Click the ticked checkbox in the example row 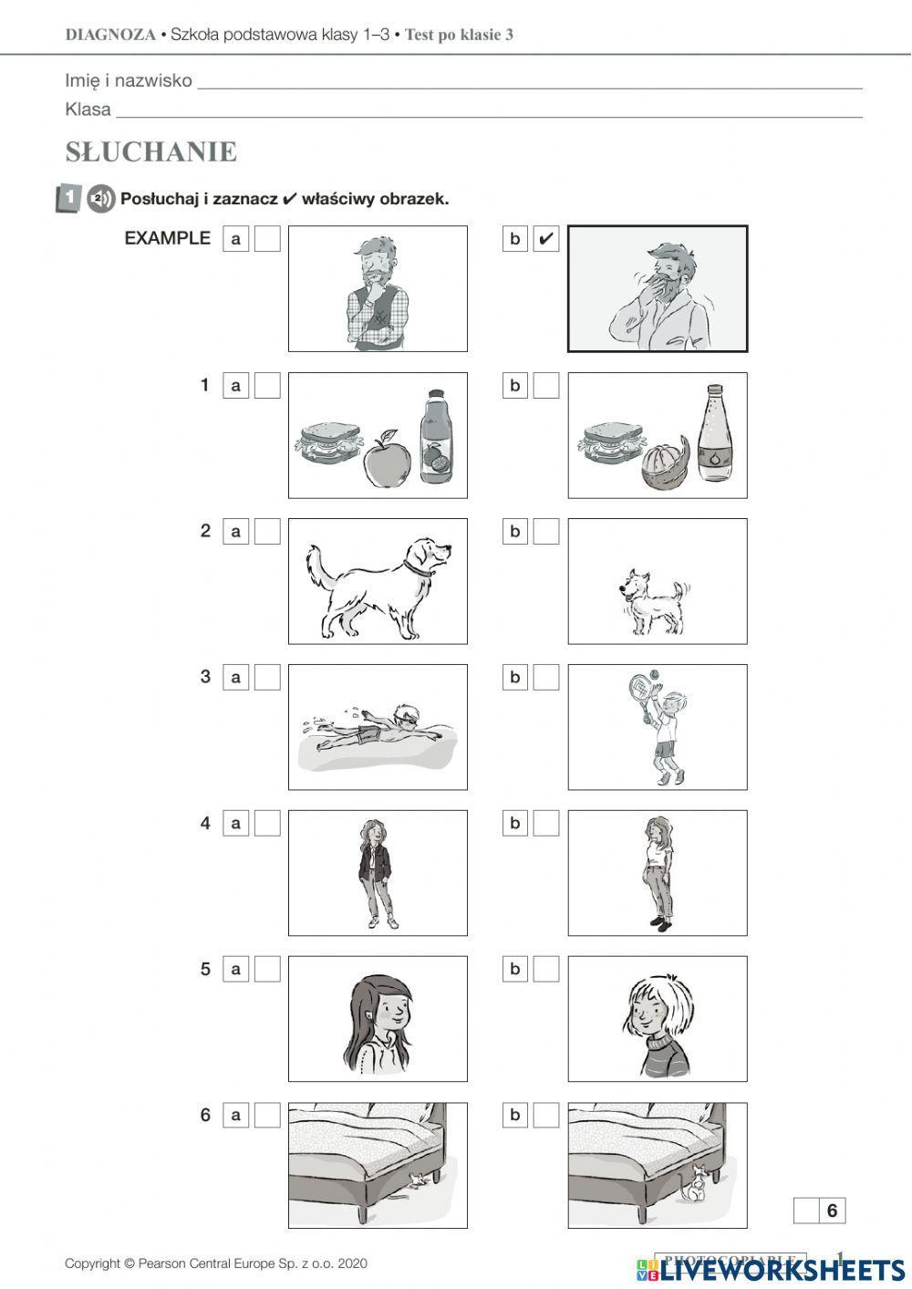tap(545, 239)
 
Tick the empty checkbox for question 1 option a tap(267, 385)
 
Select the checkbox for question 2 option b tap(545, 531)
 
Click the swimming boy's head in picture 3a tap(405, 715)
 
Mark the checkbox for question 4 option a tap(267, 823)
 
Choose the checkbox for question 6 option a tap(267, 1115)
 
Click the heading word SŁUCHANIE tap(151, 151)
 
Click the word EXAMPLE tap(167, 238)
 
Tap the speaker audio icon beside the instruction tap(100, 198)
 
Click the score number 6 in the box tap(832, 1211)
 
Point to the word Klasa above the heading tap(88, 109)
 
